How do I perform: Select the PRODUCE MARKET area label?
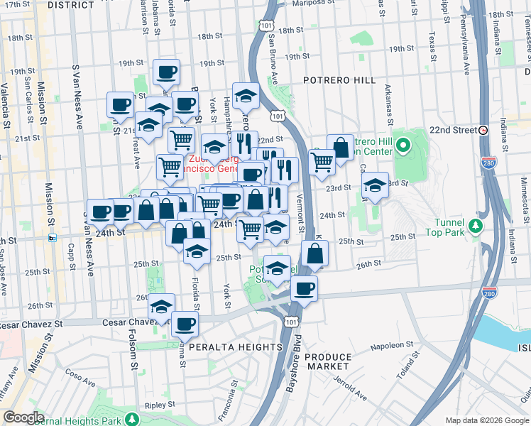(329, 361)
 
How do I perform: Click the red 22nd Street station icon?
(483, 130)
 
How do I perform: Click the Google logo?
(23, 417)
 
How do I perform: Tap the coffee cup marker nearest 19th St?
(166, 72)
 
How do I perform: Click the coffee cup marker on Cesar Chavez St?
(185, 324)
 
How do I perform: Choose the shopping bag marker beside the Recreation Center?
(341, 148)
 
